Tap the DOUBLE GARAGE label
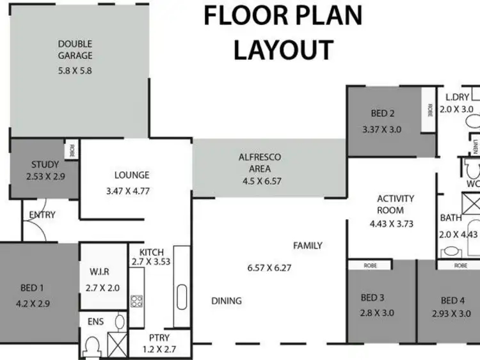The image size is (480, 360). [x=76, y=50]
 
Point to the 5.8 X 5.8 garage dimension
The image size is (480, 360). [x=76, y=70]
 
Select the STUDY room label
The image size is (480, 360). [x=45, y=164]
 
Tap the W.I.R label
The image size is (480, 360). [x=102, y=270]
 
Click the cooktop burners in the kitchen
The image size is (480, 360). [x=136, y=301]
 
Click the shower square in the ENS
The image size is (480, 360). [x=116, y=343]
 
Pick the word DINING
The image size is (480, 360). [x=227, y=301]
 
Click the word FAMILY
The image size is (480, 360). [x=308, y=245]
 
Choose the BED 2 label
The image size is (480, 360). [x=382, y=114]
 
